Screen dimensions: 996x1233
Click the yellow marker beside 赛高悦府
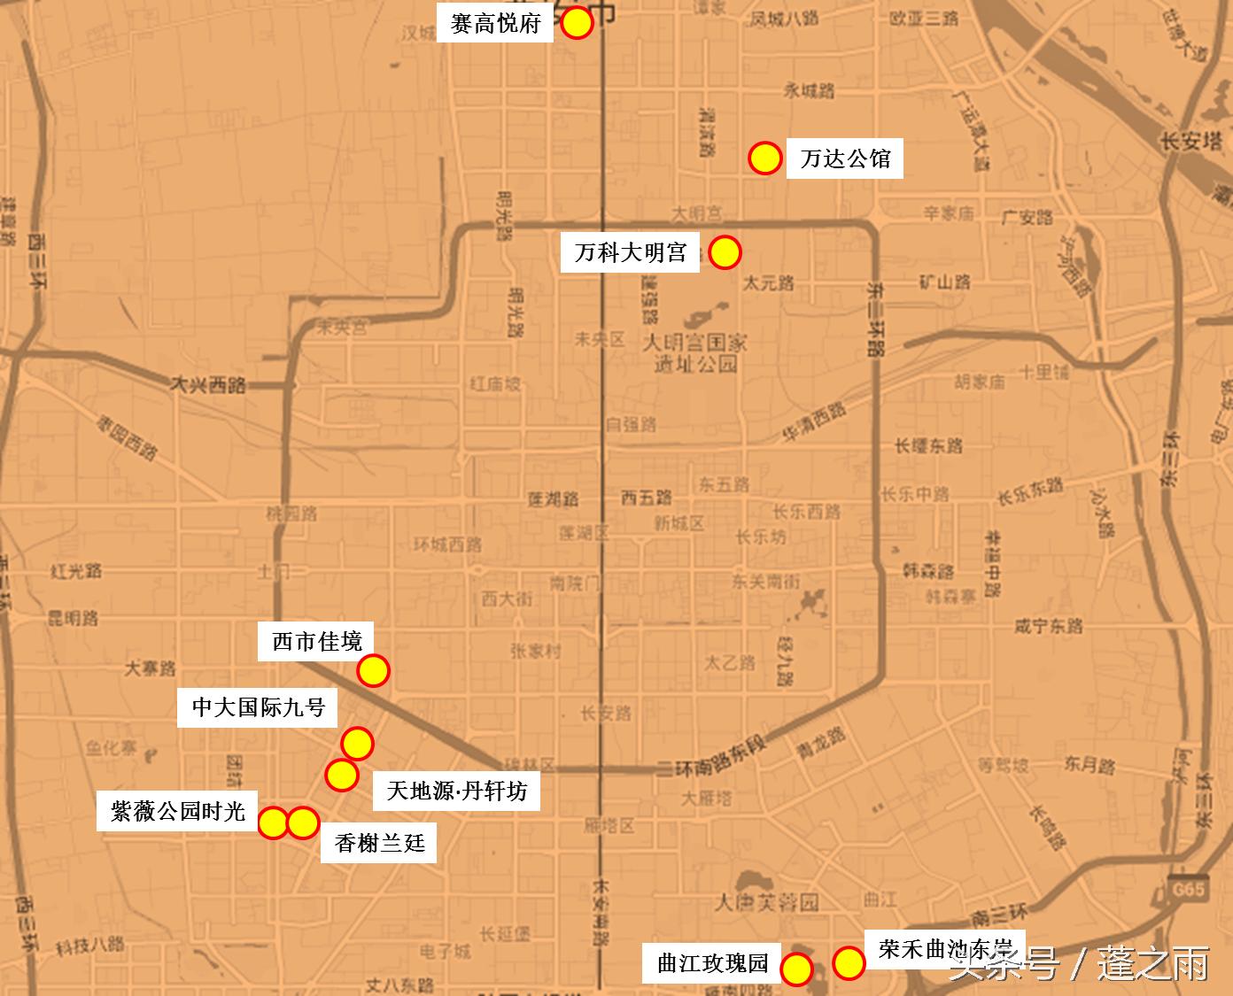click(x=577, y=24)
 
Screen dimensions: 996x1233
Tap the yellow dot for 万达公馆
click(x=764, y=158)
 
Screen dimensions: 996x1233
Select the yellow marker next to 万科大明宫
click(x=725, y=252)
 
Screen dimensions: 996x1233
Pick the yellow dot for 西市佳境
click(x=373, y=671)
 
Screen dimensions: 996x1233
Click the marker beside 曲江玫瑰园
click(x=796, y=969)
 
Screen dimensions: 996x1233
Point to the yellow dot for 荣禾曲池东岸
click(x=849, y=962)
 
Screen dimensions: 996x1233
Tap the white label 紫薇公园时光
click(x=177, y=810)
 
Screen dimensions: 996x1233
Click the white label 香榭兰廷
click(x=379, y=843)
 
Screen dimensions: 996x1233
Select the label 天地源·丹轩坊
click(x=456, y=790)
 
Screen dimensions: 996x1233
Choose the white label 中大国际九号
click(x=259, y=707)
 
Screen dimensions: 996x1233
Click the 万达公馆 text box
click(x=845, y=159)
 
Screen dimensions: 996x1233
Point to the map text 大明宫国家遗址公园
click(x=695, y=352)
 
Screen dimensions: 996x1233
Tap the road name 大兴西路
click(x=209, y=385)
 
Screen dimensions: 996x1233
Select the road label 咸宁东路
click(x=1049, y=626)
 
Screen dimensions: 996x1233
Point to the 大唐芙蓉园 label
click(x=767, y=902)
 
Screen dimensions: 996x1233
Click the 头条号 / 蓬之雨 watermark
click(x=1080, y=963)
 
